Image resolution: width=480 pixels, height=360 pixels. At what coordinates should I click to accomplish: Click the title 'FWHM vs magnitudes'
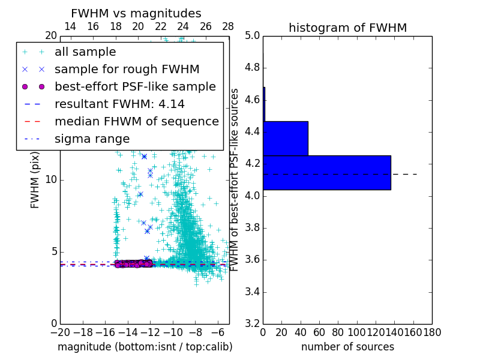[x=136, y=13]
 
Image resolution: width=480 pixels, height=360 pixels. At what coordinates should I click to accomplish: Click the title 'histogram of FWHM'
[x=347, y=28]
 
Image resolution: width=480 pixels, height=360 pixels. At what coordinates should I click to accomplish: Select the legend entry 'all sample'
[x=85, y=52]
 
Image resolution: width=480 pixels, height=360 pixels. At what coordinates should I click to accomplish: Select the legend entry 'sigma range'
[x=92, y=139]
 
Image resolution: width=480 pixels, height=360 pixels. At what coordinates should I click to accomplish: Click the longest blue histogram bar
[x=326, y=173]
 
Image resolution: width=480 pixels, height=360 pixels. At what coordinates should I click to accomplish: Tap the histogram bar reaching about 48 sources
[x=286, y=139]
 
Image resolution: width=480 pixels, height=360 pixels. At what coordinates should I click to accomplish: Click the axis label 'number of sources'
[x=347, y=347]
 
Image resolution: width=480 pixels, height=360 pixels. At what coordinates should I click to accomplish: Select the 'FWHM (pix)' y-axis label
[x=35, y=179]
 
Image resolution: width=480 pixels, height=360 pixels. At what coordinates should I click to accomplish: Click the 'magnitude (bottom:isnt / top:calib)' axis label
[x=145, y=347]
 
